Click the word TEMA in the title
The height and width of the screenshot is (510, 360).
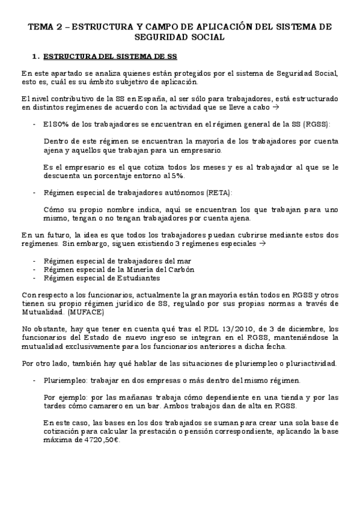pyautogui.click(x=42, y=27)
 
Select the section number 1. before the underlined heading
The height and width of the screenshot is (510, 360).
pyautogui.click(x=35, y=57)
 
